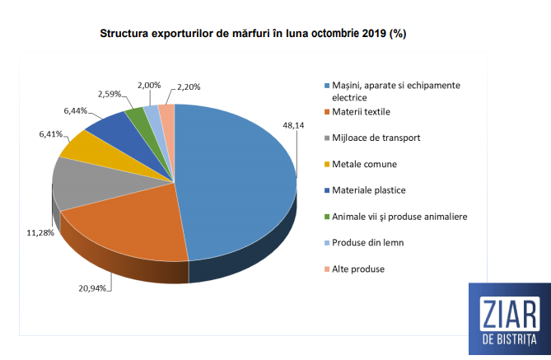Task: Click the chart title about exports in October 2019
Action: [x=253, y=35]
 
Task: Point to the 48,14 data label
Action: [x=294, y=126]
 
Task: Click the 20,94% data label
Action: [x=91, y=288]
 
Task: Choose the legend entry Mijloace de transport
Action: [x=378, y=138]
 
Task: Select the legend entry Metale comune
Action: [x=364, y=164]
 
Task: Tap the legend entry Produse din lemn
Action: [x=367, y=242]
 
